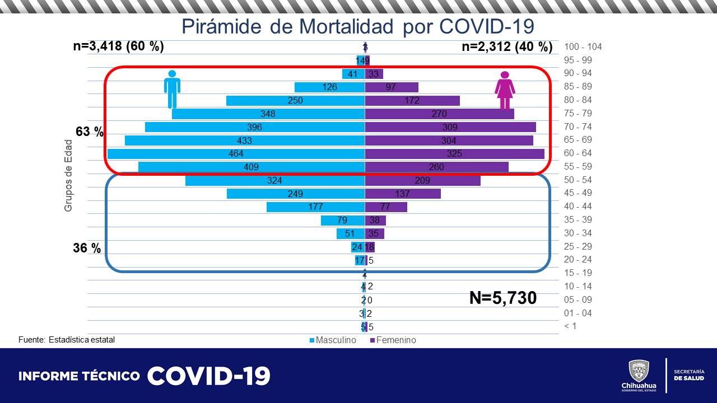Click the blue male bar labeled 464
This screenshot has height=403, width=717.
(x=236, y=153)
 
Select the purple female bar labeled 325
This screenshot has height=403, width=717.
(x=454, y=153)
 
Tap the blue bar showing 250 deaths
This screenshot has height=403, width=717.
(x=295, y=101)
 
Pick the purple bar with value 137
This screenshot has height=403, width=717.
(x=403, y=194)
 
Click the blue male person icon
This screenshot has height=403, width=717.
(x=172, y=89)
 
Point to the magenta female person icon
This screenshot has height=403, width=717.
(x=505, y=91)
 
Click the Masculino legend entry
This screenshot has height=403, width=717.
(x=333, y=340)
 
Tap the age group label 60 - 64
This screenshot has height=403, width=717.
(x=578, y=153)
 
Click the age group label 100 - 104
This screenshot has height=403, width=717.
(x=583, y=47)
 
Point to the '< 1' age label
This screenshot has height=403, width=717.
(x=570, y=326)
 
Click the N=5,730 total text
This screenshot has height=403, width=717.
(x=502, y=298)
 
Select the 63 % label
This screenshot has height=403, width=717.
(x=90, y=132)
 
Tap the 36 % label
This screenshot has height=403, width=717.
(x=87, y=248)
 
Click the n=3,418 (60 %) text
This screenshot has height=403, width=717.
(x=119, y=46)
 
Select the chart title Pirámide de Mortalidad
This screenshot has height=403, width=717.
(x=358, y=26)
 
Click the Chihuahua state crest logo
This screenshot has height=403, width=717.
(x=639, y=371)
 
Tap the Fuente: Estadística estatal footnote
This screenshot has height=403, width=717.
(x=67, y=340)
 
